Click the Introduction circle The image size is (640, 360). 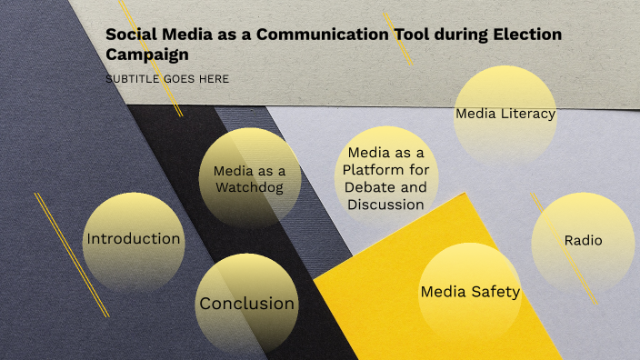(133, 240)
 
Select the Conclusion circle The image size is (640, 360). (246, 304)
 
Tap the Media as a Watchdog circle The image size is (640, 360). (249, 178)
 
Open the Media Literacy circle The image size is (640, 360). (505, 115)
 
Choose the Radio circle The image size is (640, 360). (583, 241)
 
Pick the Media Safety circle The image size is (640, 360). (470, 292)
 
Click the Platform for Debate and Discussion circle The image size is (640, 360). (386, 178)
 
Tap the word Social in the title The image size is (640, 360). (131, 35)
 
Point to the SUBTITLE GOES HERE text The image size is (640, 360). (167, 79)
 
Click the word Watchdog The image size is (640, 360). (249, 187)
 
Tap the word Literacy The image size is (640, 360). (526, 115)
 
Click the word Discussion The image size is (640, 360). (385, 205)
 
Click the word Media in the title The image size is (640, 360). (187, 35)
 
